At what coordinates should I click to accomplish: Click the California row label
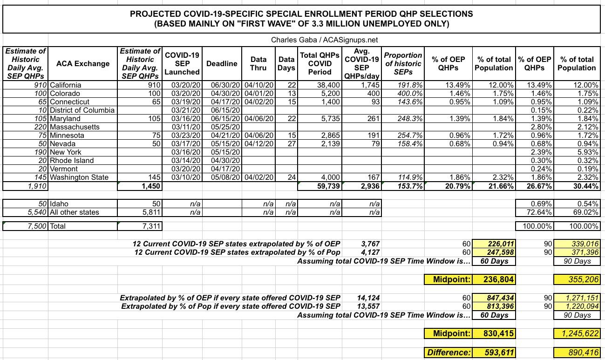coord(65,85)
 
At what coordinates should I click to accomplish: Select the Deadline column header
coord(222,64)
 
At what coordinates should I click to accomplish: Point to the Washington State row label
coord(79,177)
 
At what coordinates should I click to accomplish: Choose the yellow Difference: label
coord(449,353)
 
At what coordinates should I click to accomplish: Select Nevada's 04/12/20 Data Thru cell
coord(258,144)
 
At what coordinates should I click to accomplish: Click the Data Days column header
coord(286,64)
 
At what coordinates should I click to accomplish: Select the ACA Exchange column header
coord(83,64)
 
